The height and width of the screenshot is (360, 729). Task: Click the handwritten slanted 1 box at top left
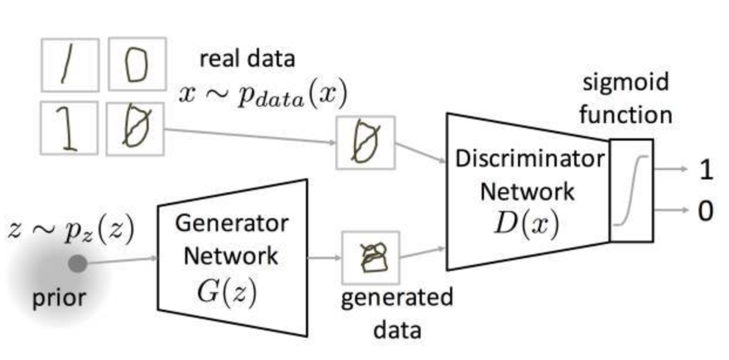coord(70,64)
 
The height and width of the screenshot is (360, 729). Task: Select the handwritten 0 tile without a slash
coord(137,64)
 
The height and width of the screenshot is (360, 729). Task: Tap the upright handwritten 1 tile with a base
coord(70,128)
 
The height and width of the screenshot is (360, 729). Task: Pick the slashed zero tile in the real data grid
coord(135,128)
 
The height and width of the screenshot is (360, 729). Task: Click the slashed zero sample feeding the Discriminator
coord(366,142)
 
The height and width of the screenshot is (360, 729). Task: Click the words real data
coord(248,59)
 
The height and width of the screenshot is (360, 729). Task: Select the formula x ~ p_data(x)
coord(263,95)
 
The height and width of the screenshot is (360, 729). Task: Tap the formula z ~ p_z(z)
coord(71,230)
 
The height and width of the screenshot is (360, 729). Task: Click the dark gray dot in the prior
coord(77,264)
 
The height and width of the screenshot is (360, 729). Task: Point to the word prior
coord(58,297)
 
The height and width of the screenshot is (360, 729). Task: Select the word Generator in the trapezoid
coord(231,223)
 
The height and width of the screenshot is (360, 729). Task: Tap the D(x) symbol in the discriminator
coord(526,223)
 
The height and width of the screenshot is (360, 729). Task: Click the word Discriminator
coord(529,159)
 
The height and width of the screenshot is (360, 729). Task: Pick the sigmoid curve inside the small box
coord(631,190)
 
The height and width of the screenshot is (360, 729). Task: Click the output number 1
coord(707,170)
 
